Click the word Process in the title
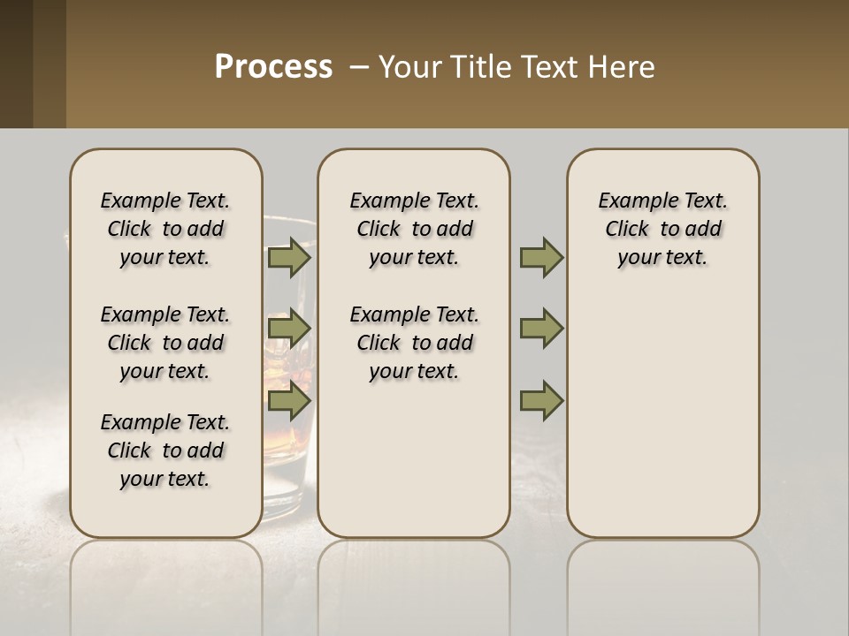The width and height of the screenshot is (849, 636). click(x=273, y=67)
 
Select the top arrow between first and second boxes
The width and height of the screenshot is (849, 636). click(x=288, y=258)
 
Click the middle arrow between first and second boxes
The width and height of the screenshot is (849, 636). click(x=288, y=329)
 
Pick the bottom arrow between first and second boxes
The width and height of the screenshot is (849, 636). click(x=288, y=401)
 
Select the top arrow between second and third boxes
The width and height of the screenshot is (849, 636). click(x=541, y=258)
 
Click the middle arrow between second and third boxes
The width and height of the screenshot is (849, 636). click(x=541, y=329)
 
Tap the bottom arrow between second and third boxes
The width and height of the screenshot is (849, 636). click(x=541, y=401)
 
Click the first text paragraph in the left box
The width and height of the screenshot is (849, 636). click(x=165, y=229)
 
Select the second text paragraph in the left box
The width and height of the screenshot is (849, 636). click(x=165, y=343)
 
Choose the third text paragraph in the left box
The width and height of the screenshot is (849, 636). click(x=165, y=450)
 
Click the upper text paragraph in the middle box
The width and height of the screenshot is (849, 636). click(x=414, y=229)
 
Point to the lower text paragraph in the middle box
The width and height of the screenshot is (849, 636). click(x=414, y=343)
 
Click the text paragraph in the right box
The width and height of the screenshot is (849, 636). click(x=662, y=229)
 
